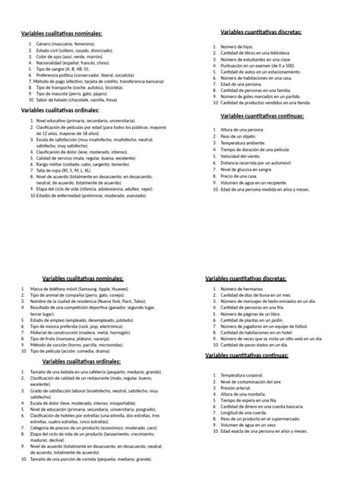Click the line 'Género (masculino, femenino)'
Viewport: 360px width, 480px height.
[x=65, y=45]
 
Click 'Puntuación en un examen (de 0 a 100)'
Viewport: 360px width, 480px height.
[x=258, y=65]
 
